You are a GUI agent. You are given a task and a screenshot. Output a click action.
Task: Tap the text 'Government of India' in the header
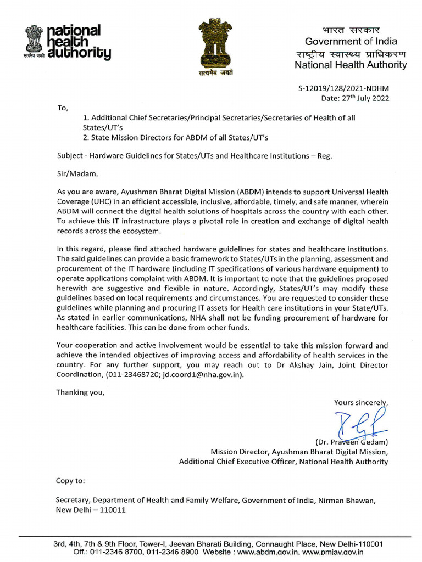pyautogui.click(x=351, y=42)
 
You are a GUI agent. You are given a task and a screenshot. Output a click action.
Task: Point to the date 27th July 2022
pyautogui.click(x=356, y=98)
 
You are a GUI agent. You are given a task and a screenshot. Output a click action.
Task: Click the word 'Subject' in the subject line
pyautogui.click(x=70, y=155)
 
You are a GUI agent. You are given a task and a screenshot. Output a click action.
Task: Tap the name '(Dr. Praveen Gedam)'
pyautogui.click(x=351, y=442)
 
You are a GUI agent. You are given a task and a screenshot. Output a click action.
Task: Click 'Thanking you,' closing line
pyautogui.click(x=80, y=392)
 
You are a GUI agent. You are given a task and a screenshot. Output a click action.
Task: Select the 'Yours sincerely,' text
pyautogui.click(x=360, y=402)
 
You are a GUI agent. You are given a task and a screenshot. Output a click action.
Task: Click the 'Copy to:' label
pyautogui.click(x=71, y=481)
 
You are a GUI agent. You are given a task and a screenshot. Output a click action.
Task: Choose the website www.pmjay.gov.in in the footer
pyautogui.click(x=335, y=553)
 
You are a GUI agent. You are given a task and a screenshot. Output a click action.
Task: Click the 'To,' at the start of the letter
pyautogui.click(x=63, y=108)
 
